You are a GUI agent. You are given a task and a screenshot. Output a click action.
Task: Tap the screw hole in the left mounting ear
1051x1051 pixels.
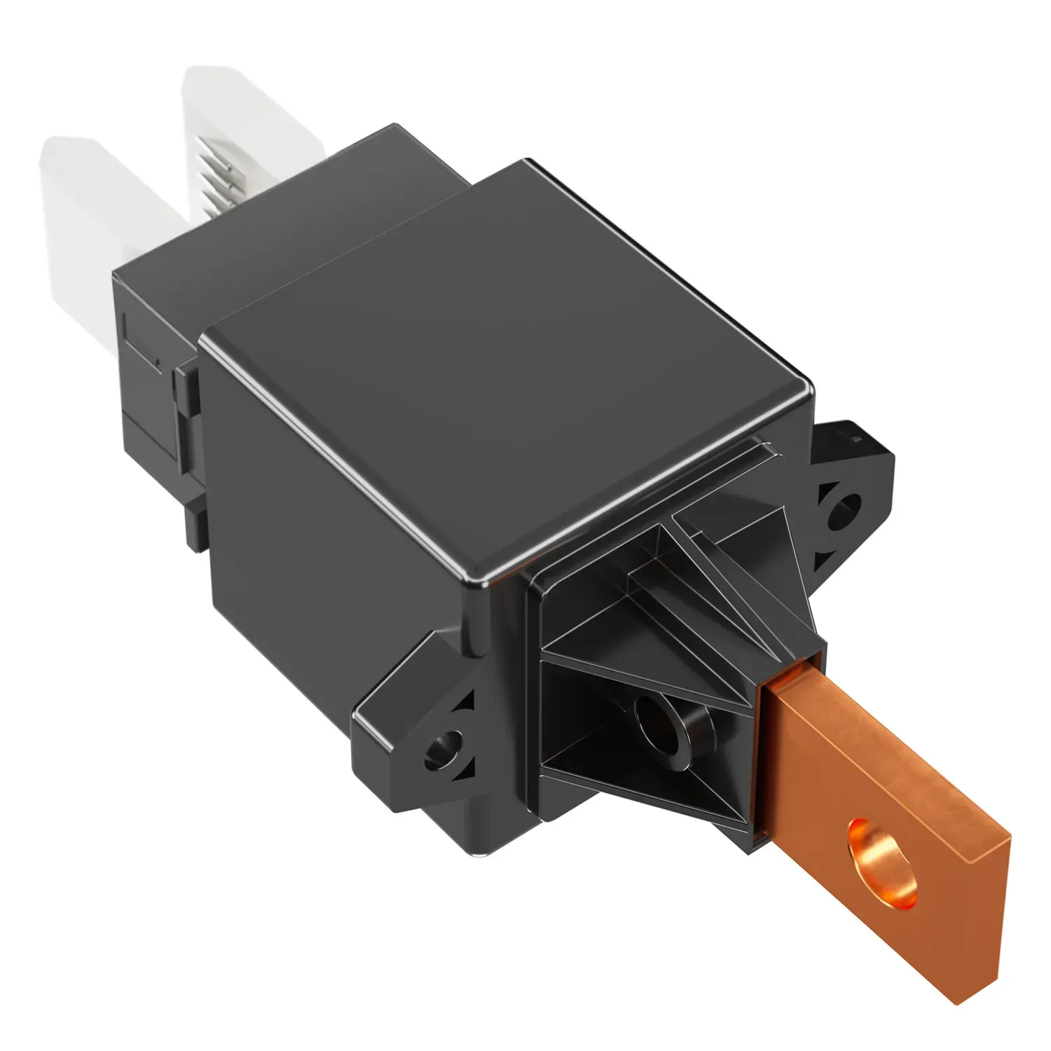point(446,746)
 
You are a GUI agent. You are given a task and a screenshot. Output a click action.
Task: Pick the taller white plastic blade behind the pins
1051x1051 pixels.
point(231,119)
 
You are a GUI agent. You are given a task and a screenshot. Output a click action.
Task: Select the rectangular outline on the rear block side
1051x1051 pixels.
point(144,343)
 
